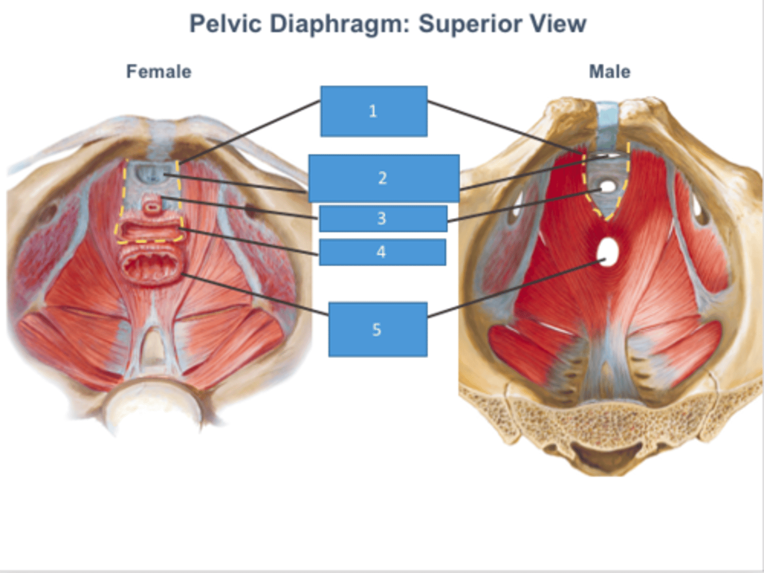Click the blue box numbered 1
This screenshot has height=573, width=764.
[x=374, y=111]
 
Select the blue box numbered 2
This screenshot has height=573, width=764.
[x=383, y=178]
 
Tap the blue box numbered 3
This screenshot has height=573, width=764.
[x=383, y=219]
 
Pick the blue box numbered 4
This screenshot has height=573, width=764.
[x=382, y=252]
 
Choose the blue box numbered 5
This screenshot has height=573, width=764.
[x=377, y=329]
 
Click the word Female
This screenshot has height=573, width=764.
[x=159, y=72]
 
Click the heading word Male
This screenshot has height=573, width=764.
[x=610, y=72]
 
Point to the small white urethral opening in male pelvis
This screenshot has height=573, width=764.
[x=608, y=186]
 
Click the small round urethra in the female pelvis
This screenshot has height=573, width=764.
[x=153, y=206]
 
